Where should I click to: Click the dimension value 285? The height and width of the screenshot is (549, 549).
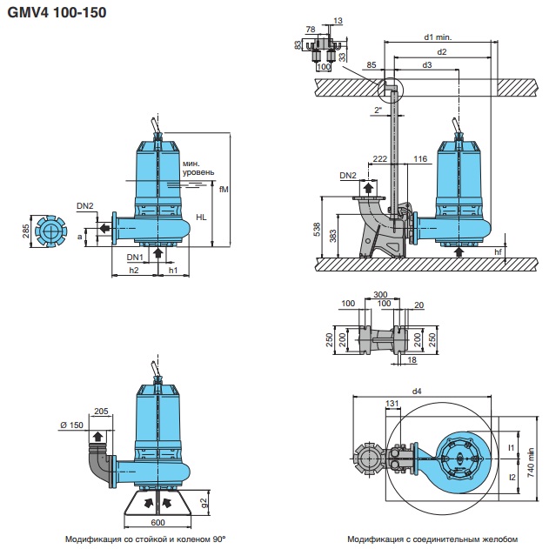27,231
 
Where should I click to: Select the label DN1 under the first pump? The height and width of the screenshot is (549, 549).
135,258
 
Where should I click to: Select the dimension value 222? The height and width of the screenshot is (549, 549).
379,159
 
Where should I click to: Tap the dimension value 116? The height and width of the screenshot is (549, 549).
420,159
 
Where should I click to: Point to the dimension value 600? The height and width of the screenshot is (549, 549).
157,522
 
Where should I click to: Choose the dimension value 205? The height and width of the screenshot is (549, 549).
100,412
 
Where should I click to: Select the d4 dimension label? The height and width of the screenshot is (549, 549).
417,392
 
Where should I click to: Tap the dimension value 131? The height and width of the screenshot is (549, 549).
392,403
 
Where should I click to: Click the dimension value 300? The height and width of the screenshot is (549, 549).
380,295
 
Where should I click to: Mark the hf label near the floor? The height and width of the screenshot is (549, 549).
498,251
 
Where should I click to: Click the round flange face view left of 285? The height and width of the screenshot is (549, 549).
51,231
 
